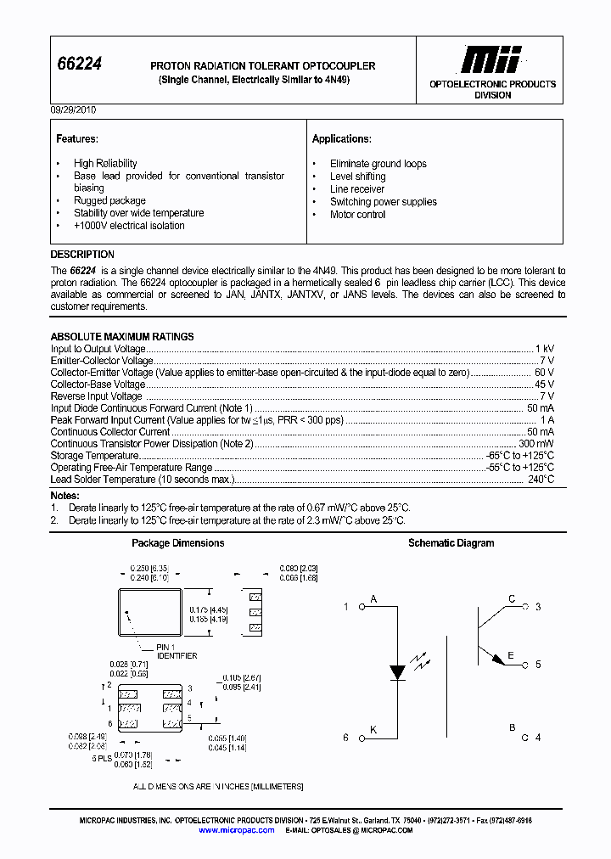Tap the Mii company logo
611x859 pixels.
(x=490, y=59)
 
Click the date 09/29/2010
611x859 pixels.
(x=74, y=110)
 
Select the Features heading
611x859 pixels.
(x=76, y=138)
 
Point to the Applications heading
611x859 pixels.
(x=341, y=138)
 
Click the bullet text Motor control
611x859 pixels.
(x=357, y=215)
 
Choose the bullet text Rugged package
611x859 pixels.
(x=109, y=200)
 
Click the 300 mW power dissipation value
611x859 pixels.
(x=536, y=444)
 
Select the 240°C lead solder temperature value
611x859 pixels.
(x=540, y=480)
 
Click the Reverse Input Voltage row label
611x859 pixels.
(x=96, y=396)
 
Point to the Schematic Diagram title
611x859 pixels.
(x=451, y=543)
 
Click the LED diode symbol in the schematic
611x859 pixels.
(x=397, y=672)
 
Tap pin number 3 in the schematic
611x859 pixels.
(x=538, y=607)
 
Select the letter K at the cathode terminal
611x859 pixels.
(x=373, y=730)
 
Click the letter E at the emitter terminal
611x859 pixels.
(x=511, y=655)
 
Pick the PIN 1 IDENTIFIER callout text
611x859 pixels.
(x=177, y=652)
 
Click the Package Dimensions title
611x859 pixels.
(x=178, y=543)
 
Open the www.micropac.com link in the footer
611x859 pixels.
(x=237, y=830)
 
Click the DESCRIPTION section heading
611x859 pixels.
(x=82, y=255)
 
